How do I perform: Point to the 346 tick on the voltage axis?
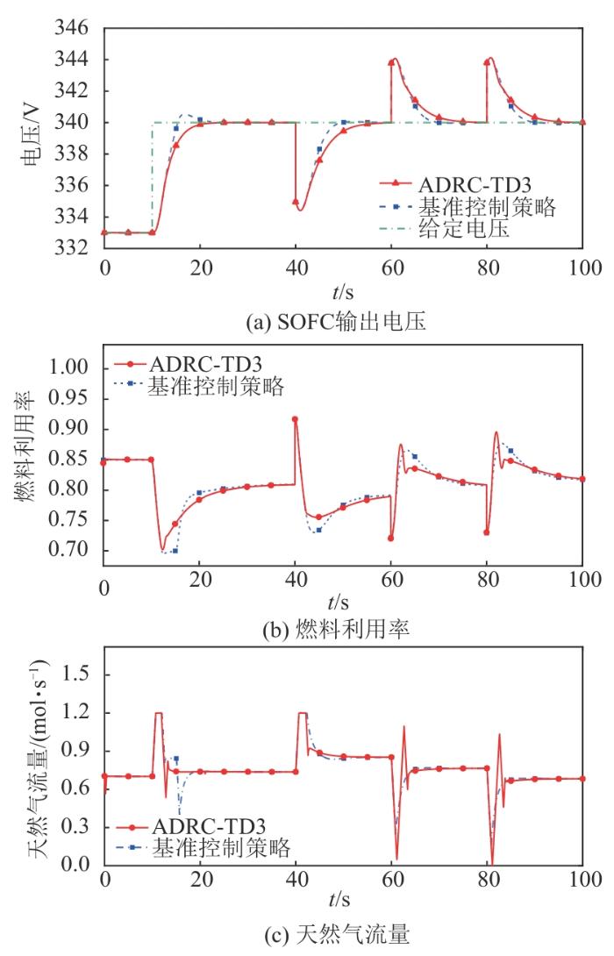tap(75, 29)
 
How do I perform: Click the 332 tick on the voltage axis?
tap(75, 248)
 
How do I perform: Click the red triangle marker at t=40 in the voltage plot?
tap(296, 202)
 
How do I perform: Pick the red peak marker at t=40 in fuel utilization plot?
tap(296, 419)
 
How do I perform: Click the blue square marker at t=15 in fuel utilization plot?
tap(175, 550)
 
